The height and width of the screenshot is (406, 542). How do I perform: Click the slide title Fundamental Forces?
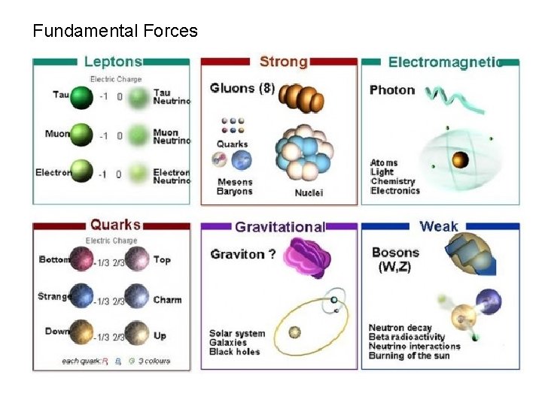[115, 32]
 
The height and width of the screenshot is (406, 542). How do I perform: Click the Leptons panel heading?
[113, 61]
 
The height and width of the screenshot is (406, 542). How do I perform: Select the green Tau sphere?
[82, 97]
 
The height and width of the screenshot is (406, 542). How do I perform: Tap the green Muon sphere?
[82, 135]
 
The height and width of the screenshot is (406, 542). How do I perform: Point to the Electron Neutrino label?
[172, 177]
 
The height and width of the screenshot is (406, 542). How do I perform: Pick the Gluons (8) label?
[242, 88]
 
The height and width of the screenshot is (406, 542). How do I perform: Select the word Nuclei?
[309, 193]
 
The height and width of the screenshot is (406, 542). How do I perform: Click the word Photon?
[392, 90]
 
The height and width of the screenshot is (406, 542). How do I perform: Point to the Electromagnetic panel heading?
[444, 62]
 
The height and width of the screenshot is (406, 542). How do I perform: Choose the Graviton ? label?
[243, 254]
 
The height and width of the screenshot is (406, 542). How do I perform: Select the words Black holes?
[234, 352]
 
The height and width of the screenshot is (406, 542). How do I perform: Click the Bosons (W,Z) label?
[393, 259]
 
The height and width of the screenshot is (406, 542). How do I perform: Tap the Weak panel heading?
[439, 226]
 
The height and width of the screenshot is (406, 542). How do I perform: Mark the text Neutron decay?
[400, 328]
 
